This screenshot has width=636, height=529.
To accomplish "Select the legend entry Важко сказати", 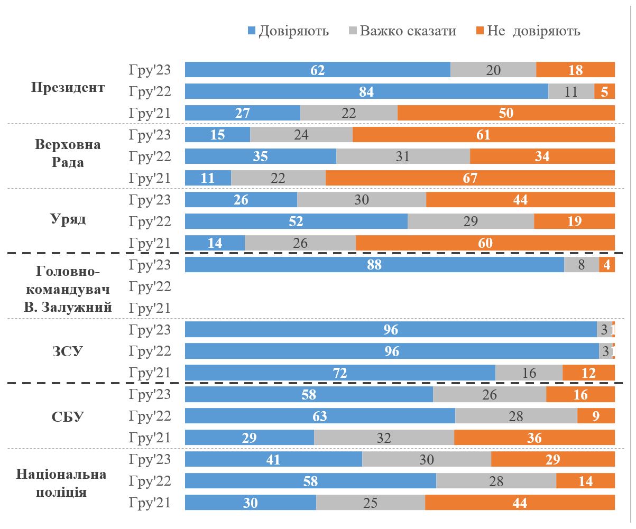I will point(408,31).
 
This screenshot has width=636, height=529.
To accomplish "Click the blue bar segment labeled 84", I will point(366,91).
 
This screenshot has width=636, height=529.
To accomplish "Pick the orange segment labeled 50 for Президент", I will point(506,113).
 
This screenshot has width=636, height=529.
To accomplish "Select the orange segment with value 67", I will point(470,178).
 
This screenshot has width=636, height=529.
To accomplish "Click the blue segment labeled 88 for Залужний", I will point(374,265).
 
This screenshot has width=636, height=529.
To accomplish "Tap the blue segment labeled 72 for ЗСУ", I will point(340,373).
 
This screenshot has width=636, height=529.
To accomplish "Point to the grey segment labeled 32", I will point(384,438).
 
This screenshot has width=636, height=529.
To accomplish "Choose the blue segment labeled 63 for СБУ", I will point(320,416).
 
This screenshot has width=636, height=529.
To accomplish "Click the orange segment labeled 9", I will point(596,416).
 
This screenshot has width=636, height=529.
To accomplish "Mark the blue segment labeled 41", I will point(273,460).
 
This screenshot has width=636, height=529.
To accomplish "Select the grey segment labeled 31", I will point(403,156).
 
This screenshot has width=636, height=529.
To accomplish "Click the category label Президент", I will point(68,87).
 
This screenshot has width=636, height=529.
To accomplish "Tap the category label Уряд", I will point(68,219).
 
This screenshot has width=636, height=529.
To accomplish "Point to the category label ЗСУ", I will point(68,351).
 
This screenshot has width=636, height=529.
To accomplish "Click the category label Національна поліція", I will point(62,482).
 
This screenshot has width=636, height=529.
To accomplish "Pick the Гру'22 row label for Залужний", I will point(150,287).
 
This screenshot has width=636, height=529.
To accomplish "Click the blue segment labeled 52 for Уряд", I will point(296,221).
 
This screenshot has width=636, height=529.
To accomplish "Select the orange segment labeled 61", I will point(483,135).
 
